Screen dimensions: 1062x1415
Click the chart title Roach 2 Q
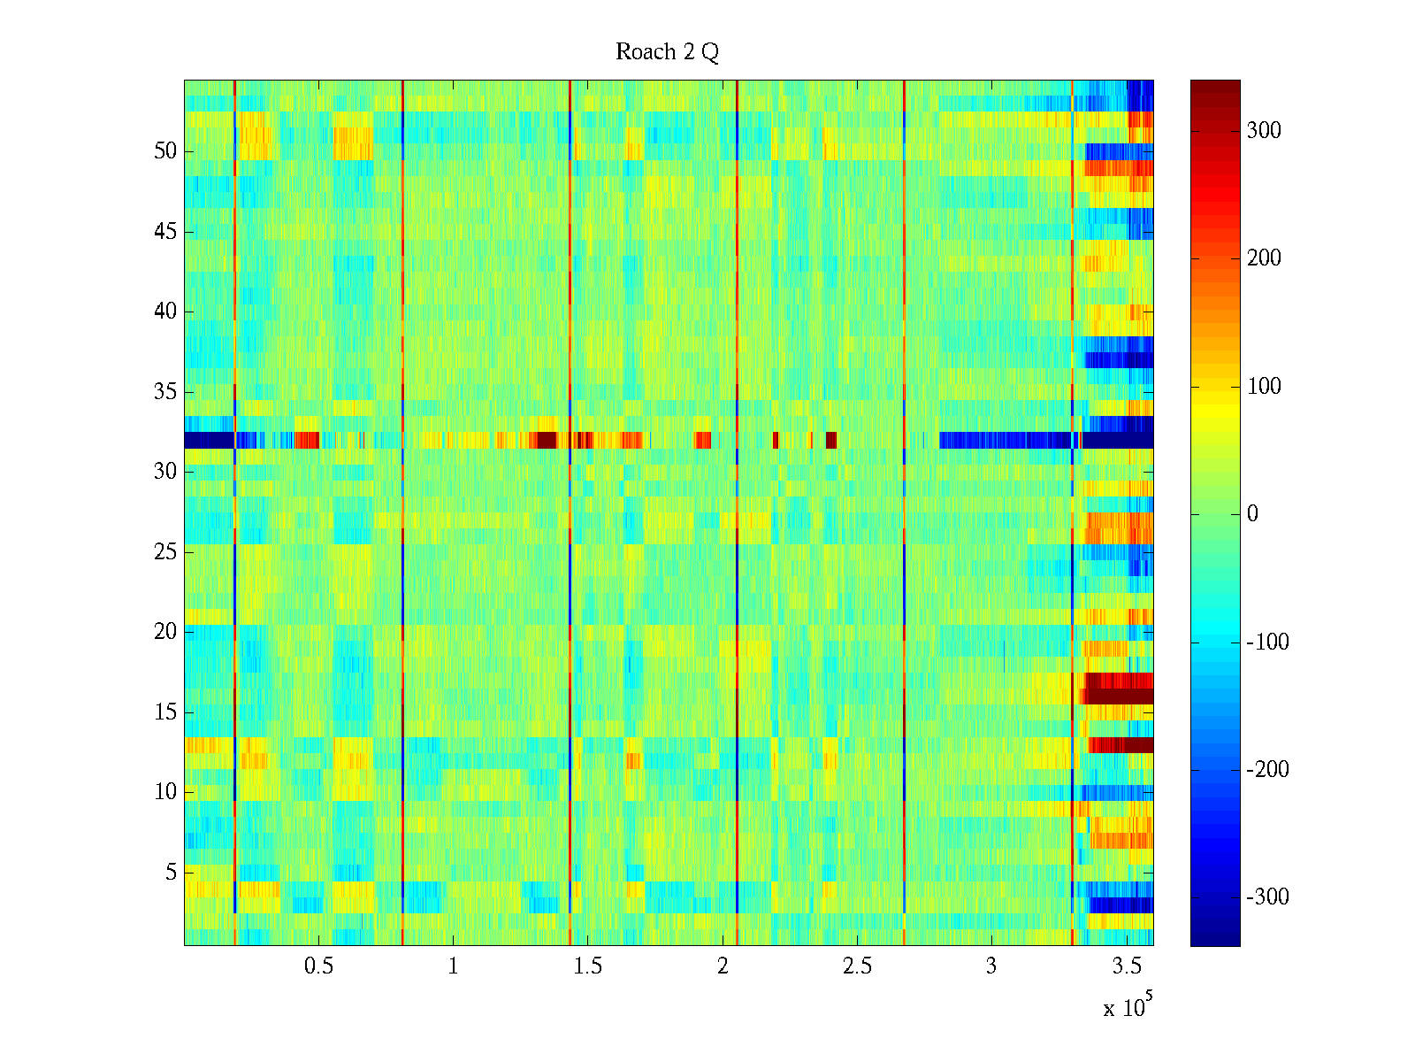pos(667,52)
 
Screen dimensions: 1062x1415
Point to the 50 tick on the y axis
pos(165,151)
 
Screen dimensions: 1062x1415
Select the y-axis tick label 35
pos(165,392)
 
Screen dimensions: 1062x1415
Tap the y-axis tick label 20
pos(165,632)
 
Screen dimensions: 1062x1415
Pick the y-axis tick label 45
pos(165,232)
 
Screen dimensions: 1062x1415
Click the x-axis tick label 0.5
pos(318,966)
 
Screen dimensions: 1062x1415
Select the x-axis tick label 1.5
pos(587,966)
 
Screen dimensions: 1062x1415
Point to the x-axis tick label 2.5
pos(857,966)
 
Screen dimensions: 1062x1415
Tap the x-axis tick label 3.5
pos(1127,966)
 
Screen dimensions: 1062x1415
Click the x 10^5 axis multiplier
pos(1128,1007)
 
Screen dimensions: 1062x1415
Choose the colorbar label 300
pos(1264,131)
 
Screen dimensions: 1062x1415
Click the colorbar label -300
pos(1267,897)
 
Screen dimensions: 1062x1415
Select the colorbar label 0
pos(1252,514)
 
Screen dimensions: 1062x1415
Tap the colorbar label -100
pos(1267,643)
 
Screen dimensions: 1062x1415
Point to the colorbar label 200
pos(1264,258)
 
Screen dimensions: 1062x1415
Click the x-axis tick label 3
pos(991,966)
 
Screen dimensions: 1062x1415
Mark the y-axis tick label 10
pos(165,792)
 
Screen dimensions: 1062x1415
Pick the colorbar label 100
pos(1264,387)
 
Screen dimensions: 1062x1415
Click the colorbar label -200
pos(1267,770)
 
